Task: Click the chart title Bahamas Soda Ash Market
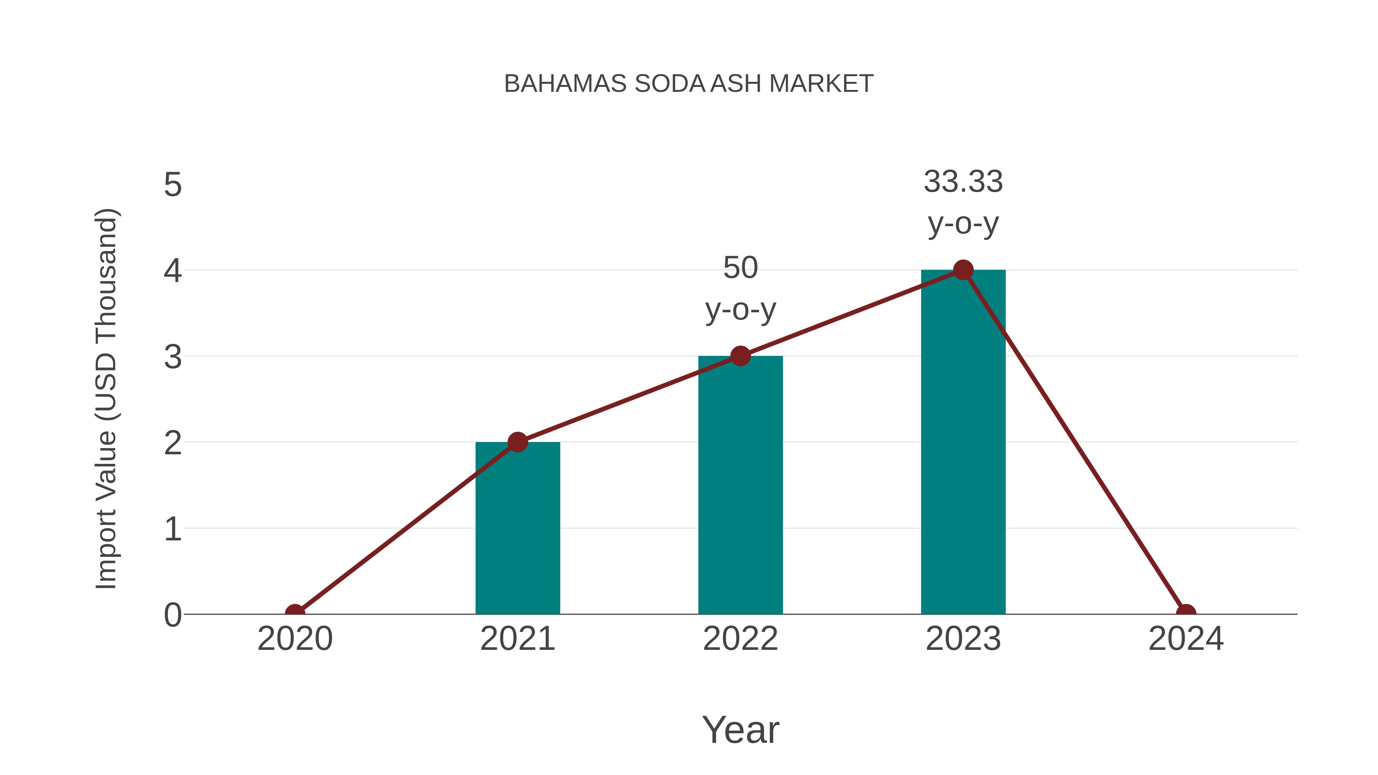click(x=689, y=84)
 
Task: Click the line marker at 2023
click(x=963, y=270)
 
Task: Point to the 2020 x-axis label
click(x=295, y=639)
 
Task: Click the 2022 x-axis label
click(x=740, y=639)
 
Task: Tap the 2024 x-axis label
click(x=1185, y=639)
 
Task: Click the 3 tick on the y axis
click(x=173, y=357)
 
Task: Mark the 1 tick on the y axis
click(x=173, y=529)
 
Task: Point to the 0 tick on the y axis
click(x=173, y=615)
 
